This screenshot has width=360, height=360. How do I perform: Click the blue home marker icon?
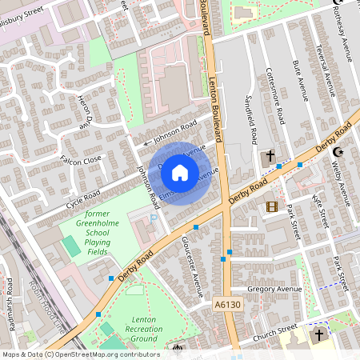[x=180, y=172]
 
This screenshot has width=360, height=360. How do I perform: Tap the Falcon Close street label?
[x=81, y=160]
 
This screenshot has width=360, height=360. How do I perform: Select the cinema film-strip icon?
[x=272, y=206]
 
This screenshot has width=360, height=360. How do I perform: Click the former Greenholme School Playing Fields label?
[x=108, y=233]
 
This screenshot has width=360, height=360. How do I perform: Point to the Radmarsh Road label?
[x=9, y=296]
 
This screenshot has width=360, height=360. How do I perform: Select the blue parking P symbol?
[x=154, y=217]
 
